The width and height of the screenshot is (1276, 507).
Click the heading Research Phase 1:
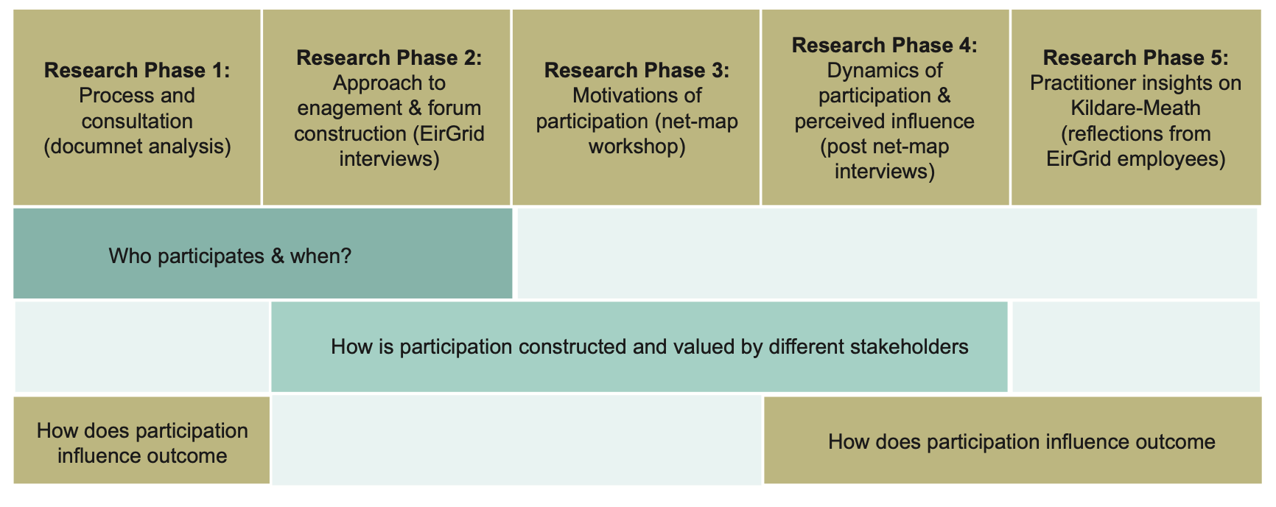[x=137, y=70]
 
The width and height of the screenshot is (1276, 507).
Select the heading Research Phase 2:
[x=389, y=57]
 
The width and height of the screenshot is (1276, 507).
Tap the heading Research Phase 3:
[x=637, y=70]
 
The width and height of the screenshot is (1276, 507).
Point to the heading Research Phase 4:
[x=885, y=45]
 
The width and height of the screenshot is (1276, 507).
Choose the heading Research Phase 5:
[x=1135, y=57]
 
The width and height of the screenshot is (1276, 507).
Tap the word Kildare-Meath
[x=1135, y=108]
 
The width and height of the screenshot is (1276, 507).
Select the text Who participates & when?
[x=230, y=256]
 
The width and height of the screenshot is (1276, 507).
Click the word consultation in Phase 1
[x=137, y=122]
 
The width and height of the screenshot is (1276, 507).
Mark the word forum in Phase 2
[x=454, y=108]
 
